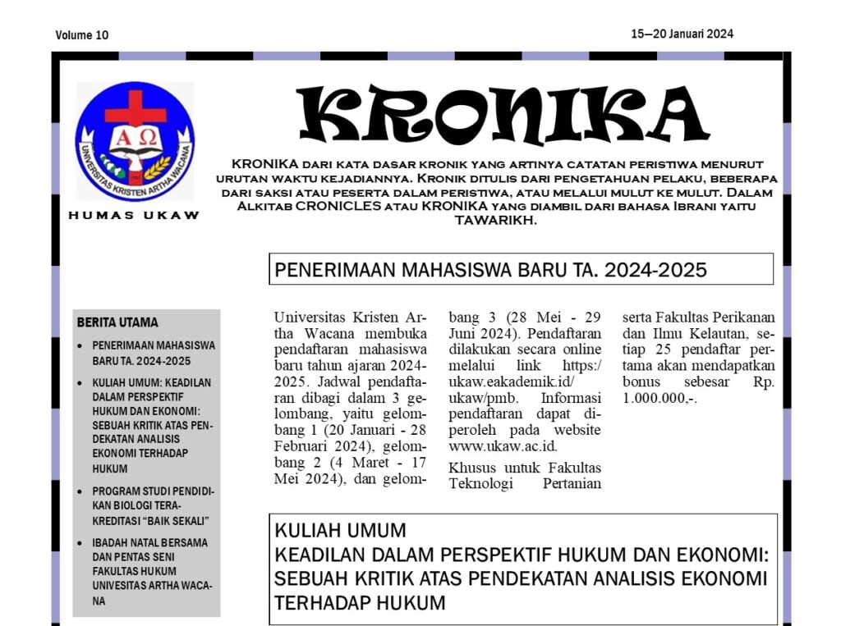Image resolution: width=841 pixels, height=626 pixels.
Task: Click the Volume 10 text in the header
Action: point(82,35)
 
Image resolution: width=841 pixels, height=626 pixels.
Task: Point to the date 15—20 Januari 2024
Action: point(682,34)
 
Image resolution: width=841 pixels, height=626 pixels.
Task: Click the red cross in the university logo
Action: point(135,107)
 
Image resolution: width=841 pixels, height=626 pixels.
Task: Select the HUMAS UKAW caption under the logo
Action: point(134,216)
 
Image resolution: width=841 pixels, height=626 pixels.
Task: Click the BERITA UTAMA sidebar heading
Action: point(117,322)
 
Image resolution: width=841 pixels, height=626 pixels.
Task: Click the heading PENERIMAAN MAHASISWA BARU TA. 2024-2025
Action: point(490,270)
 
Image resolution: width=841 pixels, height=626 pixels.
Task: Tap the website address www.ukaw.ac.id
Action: point(503,446)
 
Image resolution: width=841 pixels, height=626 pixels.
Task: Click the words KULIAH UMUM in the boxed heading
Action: point(340,530)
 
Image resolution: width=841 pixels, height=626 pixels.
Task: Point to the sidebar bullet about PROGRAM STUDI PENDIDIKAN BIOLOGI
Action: point(152,505)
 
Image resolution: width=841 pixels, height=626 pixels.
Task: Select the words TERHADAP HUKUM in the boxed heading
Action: point(360,603)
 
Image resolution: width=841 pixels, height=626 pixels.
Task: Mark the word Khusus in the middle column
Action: point(471,468)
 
